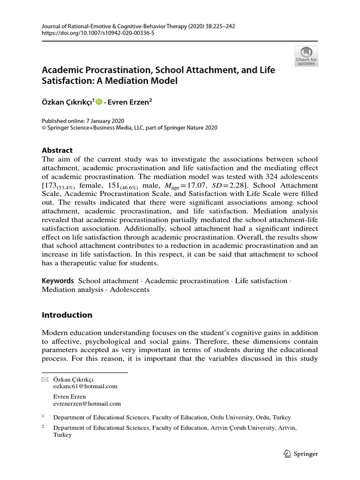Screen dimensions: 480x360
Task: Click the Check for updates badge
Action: click(306, 56)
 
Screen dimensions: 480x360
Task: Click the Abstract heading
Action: click(57, 150)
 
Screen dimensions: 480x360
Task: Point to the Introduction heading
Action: click(67, 315)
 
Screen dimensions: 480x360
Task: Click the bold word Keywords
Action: click(58, 281)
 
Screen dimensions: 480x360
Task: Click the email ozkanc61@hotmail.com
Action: click(85, 386)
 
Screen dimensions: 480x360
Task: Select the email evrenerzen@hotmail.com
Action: click(87, 403)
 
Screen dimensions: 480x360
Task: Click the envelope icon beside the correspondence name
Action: click(45, 379)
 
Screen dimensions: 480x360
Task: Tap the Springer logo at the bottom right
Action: click(301, 454)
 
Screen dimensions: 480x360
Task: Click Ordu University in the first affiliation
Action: click(232, 417)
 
